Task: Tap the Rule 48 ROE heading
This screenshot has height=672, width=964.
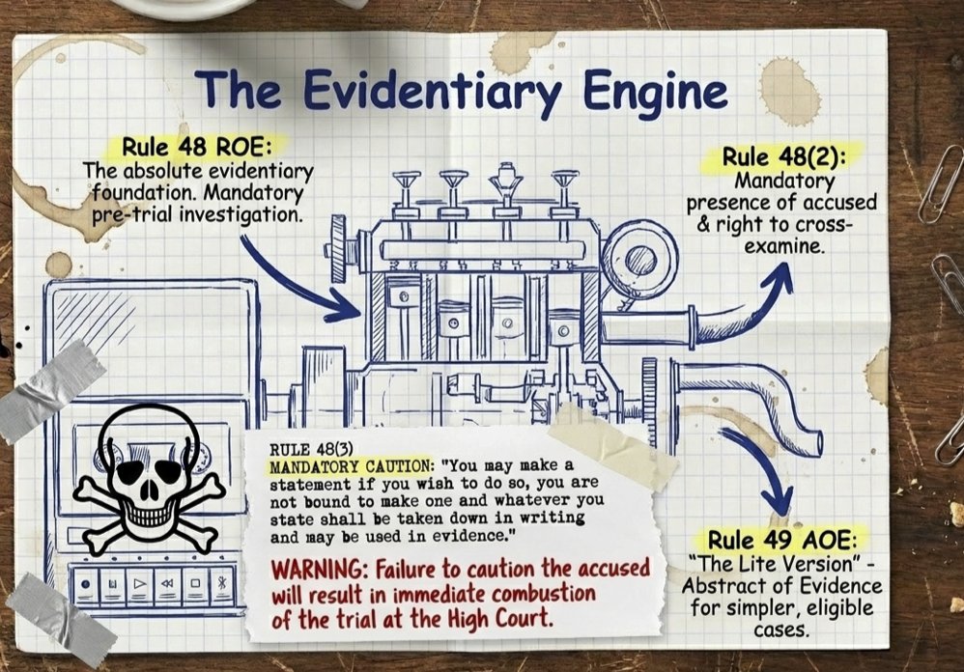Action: pyautogui.click(x=196, y=147)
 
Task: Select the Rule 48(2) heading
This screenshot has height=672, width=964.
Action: pyautogui.click(x=783, y=156)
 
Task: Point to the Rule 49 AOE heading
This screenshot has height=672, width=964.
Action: pyautogui.click(x=782, y=540)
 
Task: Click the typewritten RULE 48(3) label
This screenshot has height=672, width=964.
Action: pyautogui.click(x=311, y=450)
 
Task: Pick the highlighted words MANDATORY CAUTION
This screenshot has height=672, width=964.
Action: pyautogui.click(x=352, y=467)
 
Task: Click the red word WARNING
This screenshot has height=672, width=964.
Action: pyautogui.click(x=320, y=570)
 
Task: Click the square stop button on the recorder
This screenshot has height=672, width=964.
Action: pyautogui.click(x=195, y=583)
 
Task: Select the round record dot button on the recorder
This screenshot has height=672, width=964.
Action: pyautogui.click(x=86, y=584)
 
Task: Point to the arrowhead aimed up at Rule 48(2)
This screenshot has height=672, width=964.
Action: pyautogui.click(x=779, y=276)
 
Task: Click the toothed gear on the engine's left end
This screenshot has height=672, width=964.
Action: pyautogui.click(x=338, y=248)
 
